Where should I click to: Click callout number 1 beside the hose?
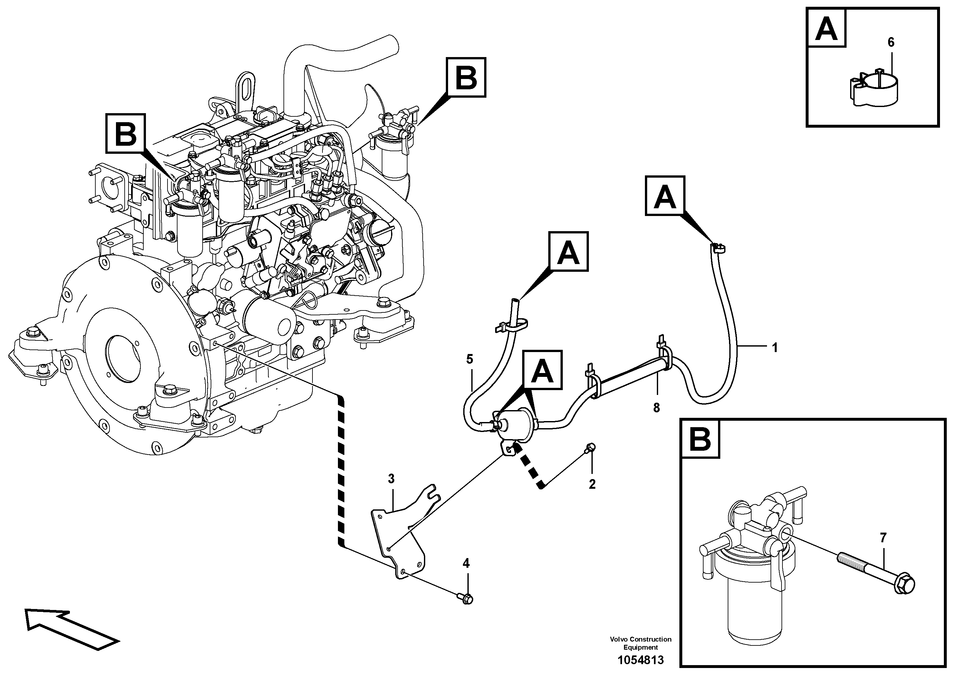[x=775, y=348]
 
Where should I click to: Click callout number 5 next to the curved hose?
[x=469, y=359]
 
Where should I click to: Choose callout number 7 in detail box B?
[x=883, y=538]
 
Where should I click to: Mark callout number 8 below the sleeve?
[x=656, y=408]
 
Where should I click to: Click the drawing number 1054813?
[x=640, y=660]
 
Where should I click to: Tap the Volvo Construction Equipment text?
[x=640, y=643]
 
